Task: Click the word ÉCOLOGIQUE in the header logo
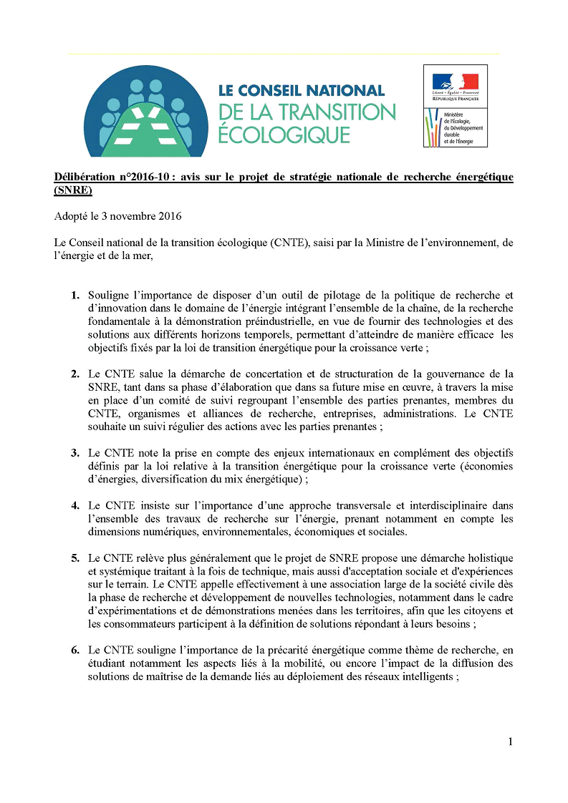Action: tap(284, 135)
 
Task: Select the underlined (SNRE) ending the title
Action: tap(73, 191)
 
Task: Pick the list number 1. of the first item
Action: tap(75, 295)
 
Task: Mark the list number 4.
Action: tap(75, 505)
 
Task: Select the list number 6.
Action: tap(75, 650)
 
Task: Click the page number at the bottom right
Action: tap(510, 742)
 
